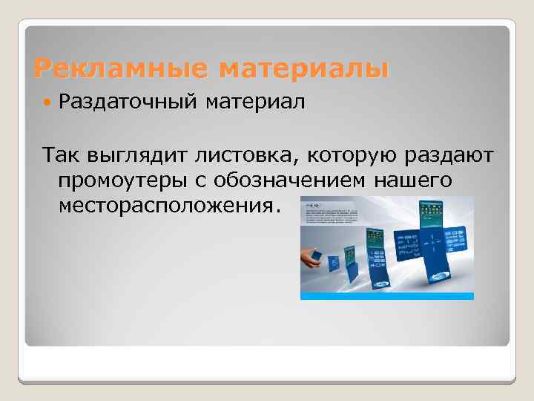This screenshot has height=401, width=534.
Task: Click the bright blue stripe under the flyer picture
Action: pos(386,296)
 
